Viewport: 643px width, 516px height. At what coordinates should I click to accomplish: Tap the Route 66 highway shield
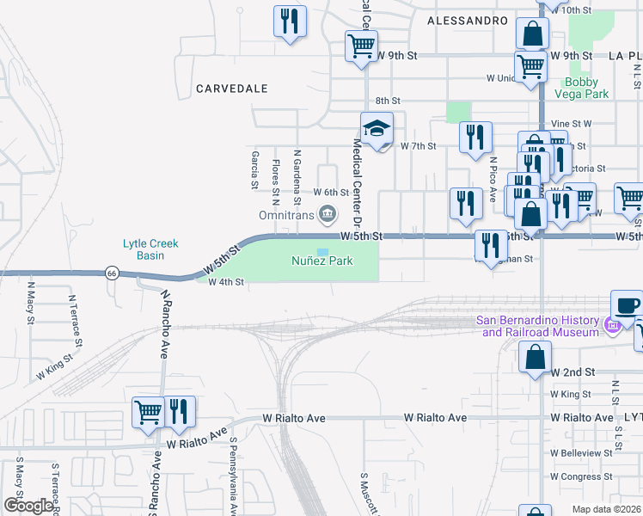pyautogui.click(x=111, y=273)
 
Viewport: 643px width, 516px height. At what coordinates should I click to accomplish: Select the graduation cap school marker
pyautogui.click(x=377, y=129)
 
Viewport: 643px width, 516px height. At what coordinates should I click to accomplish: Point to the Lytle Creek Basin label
pyautogui.click(x=150, y=249)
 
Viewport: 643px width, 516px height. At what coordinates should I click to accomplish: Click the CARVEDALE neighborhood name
pyautogui.click(x=231, y=89)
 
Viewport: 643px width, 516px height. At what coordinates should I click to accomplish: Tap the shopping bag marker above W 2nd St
pyautogui.click(x=535, y=357)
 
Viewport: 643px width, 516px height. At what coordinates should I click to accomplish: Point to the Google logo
pyautogui.click(x=28, y=506)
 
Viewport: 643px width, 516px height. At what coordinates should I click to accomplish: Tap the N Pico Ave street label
pyautogui.click(x=493, y=179)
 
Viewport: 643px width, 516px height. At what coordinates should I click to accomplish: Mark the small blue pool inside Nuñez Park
pyautogui.click(x=321, y=252)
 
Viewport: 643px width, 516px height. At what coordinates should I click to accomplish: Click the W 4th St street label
pyautogui.click(x=226, y=281)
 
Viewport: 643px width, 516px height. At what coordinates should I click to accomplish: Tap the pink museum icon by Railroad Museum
pyautogui.click(x=612, y=326)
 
